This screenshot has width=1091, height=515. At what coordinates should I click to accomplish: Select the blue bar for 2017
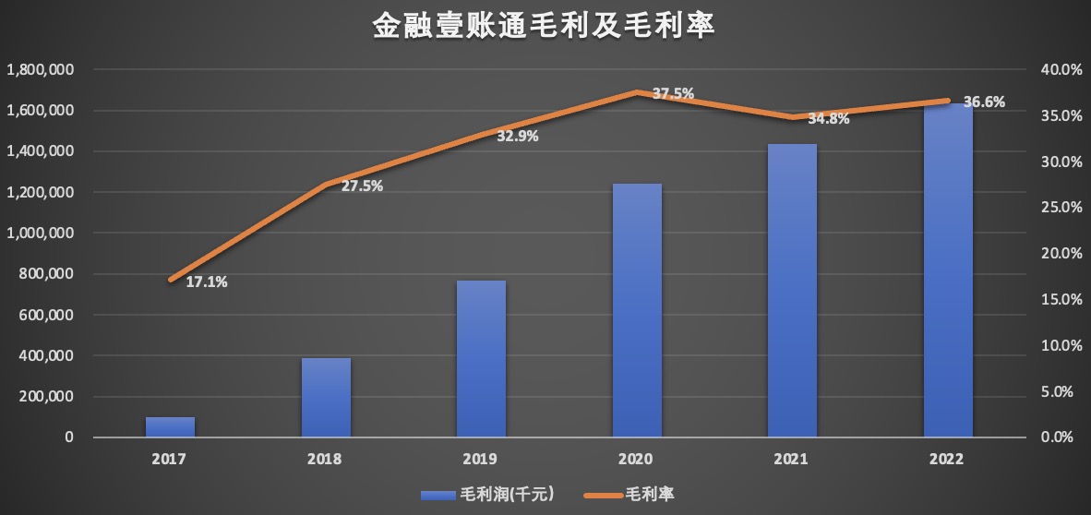tap(171, 427)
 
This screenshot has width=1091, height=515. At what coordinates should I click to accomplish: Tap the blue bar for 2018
tap(326, 397)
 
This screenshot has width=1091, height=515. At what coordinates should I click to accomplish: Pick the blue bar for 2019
tap(481, 358)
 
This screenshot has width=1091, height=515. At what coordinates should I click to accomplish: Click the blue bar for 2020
tap(637, 310)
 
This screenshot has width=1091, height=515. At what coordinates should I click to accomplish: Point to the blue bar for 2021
tap(792, 290)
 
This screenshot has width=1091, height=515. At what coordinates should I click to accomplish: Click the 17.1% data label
tap(207, 282)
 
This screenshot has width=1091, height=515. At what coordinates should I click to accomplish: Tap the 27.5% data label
tap(362, 186)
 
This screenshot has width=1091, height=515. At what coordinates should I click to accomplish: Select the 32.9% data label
tap(518, 137)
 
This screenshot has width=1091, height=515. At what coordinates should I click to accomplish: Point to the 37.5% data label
tap(673, 93)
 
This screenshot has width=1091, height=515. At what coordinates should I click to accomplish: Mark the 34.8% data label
tap(828, 118)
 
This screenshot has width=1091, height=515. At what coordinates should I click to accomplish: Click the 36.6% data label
tap(984, 102)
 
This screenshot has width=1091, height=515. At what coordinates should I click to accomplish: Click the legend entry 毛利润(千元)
tap(486, 494)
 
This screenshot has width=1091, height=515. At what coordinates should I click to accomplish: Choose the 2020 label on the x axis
tap(637, 459)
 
